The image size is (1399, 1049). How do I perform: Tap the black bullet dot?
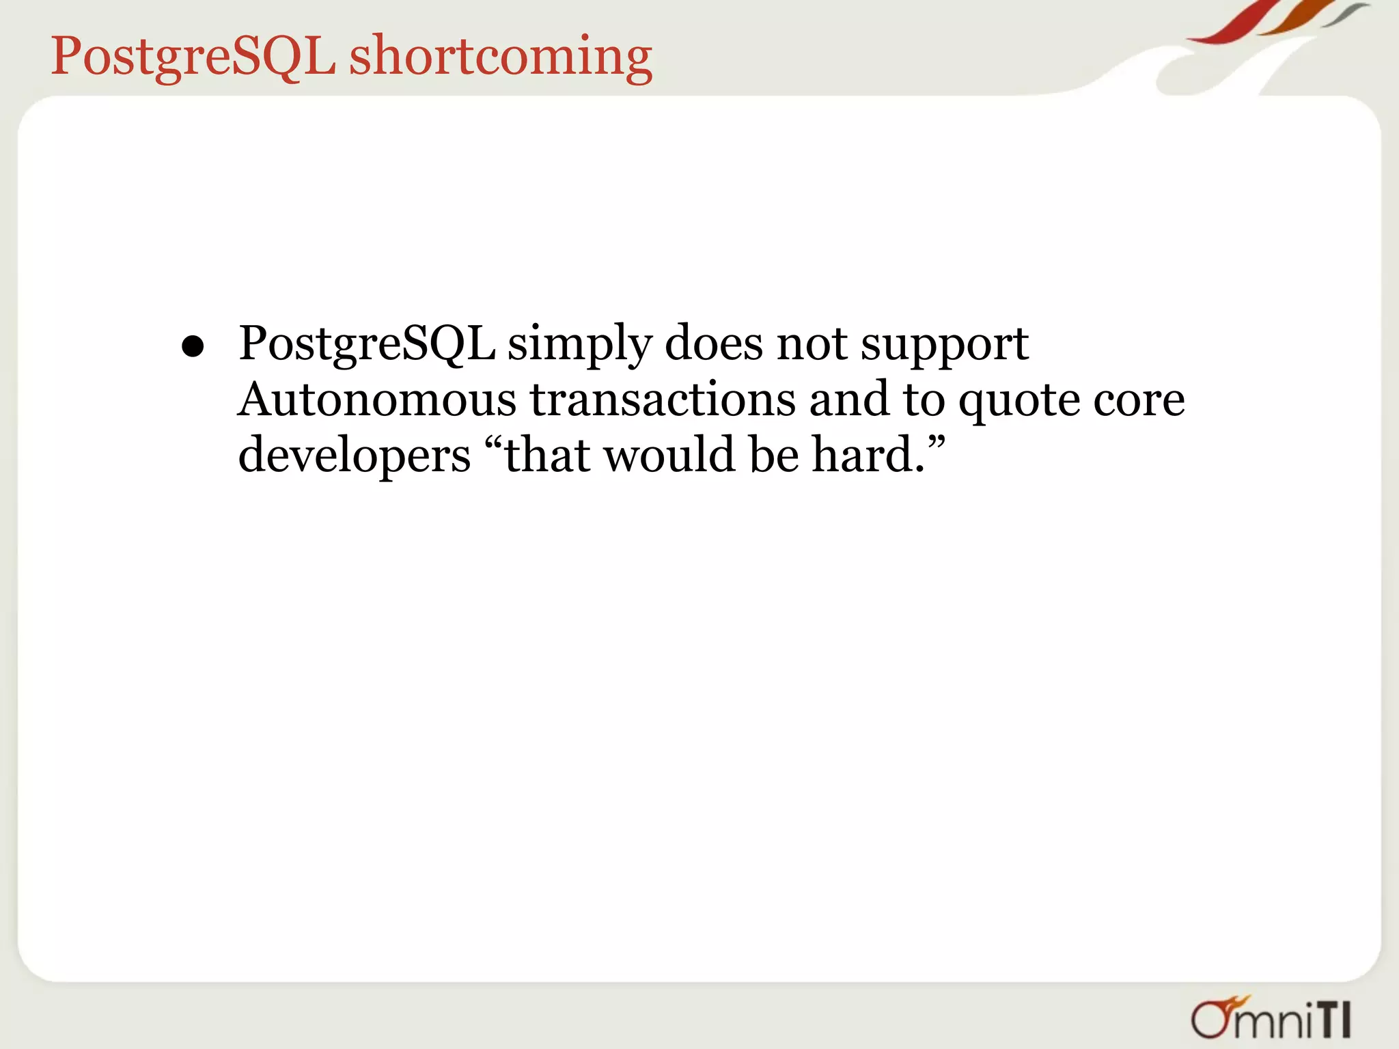193,347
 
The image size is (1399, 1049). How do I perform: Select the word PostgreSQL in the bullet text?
367,344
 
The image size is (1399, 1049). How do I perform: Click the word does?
714,343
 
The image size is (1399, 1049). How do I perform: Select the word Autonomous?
377,400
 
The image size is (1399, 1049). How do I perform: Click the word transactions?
663,400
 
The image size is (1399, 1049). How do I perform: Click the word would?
669,455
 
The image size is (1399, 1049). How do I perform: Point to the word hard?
862,455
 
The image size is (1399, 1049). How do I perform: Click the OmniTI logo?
1271,1018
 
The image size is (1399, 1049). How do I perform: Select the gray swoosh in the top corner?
1346,15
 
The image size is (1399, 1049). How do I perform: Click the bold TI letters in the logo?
1333,1021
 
